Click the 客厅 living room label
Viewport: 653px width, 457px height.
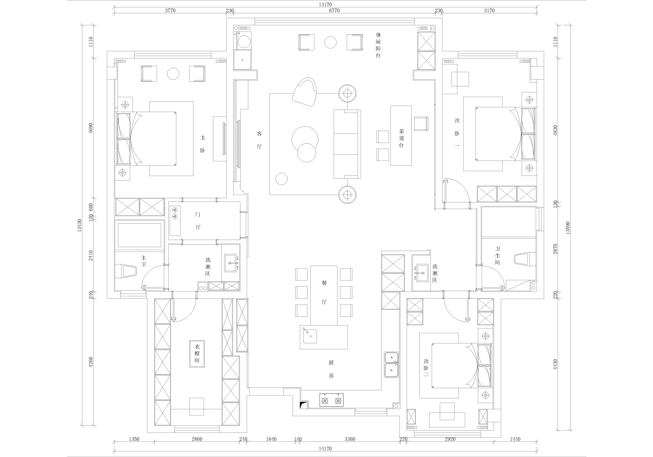point(259,140)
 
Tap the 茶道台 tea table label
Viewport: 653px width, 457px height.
point(401,138)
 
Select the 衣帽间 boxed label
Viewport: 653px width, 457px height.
point(197,353)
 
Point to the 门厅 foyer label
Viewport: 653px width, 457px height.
point(198,221)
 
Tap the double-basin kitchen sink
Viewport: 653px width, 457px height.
point(392,365)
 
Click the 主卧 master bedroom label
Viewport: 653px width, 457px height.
point(202,144)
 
